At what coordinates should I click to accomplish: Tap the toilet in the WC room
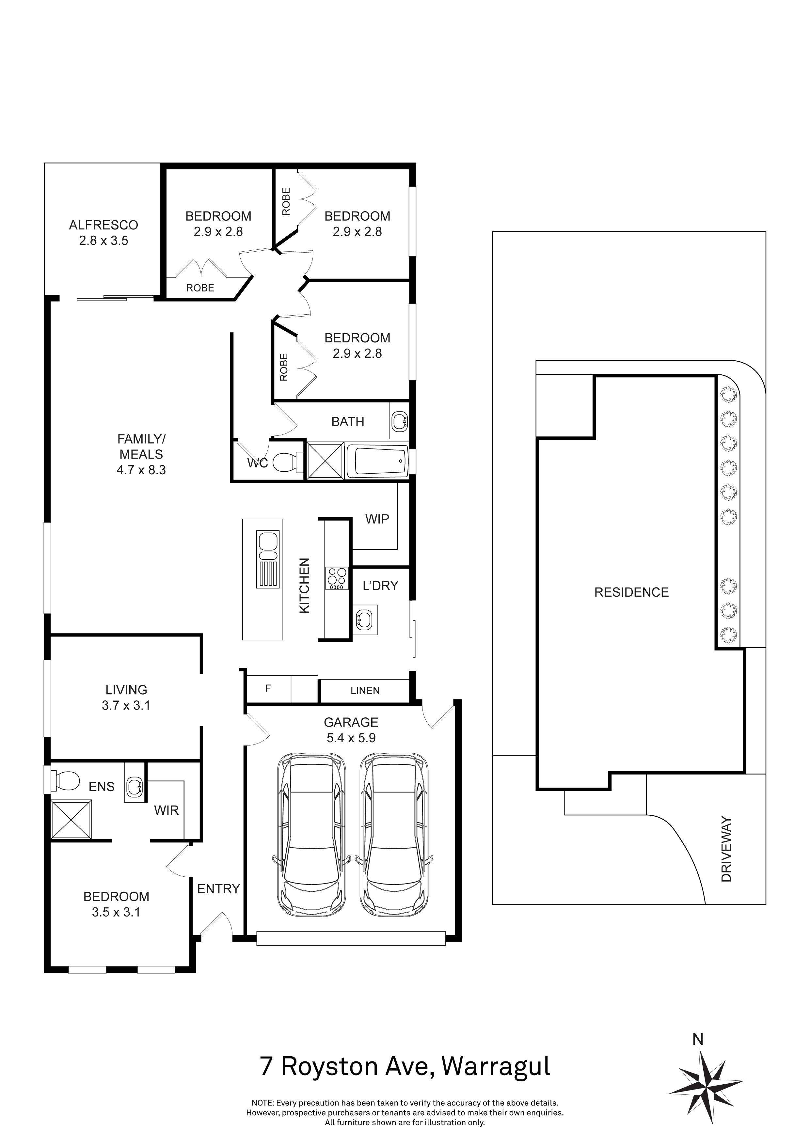tap(287, 461)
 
